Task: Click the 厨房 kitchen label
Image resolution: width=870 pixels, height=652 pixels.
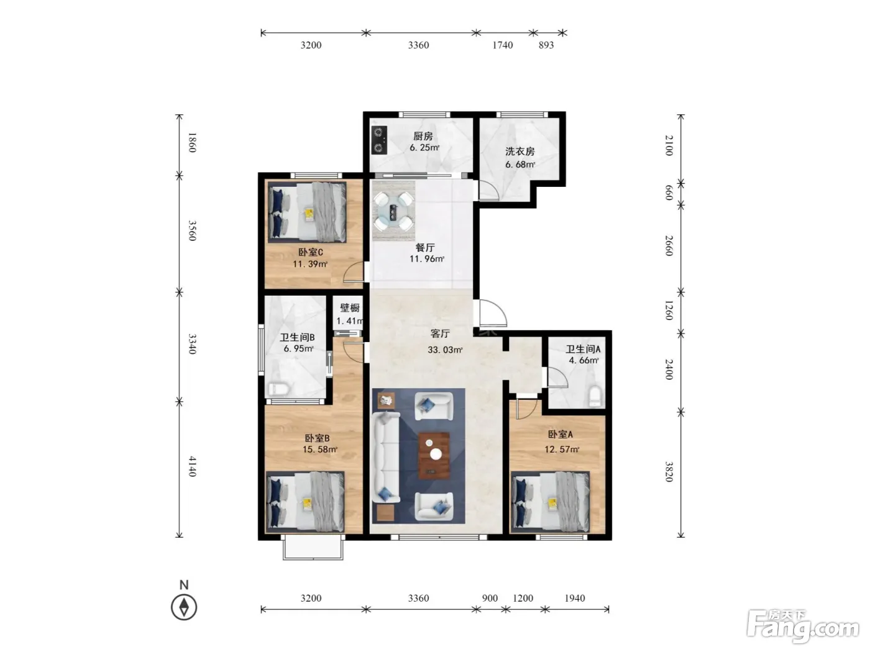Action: point(423,136)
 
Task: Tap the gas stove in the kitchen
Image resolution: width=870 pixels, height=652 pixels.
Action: point(379,140)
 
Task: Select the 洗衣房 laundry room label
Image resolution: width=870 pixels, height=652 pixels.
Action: point(520,152)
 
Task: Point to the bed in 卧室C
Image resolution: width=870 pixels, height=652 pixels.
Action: point(307,212)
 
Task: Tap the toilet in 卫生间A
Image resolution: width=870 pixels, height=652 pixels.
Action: point(595,396)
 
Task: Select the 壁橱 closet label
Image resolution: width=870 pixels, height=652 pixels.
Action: point(350,308)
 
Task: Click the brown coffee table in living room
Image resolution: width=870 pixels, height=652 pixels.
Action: point(434,455)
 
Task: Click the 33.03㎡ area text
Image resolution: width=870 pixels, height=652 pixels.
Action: point(445,350)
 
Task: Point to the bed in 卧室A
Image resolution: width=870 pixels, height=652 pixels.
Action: point(551,501)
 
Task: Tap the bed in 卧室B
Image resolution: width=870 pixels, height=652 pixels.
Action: point(305,501)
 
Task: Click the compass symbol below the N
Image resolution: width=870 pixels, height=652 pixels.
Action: point(184,607)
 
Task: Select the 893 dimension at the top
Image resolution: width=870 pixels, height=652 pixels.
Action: point(546,45)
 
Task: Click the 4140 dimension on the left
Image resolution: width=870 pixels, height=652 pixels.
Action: point(192,466)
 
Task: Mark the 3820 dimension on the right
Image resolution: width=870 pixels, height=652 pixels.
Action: point(669,471)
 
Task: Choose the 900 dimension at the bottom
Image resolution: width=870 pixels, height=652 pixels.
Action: point(490,598)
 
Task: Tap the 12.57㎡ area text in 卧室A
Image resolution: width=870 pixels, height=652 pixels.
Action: point(562,450)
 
